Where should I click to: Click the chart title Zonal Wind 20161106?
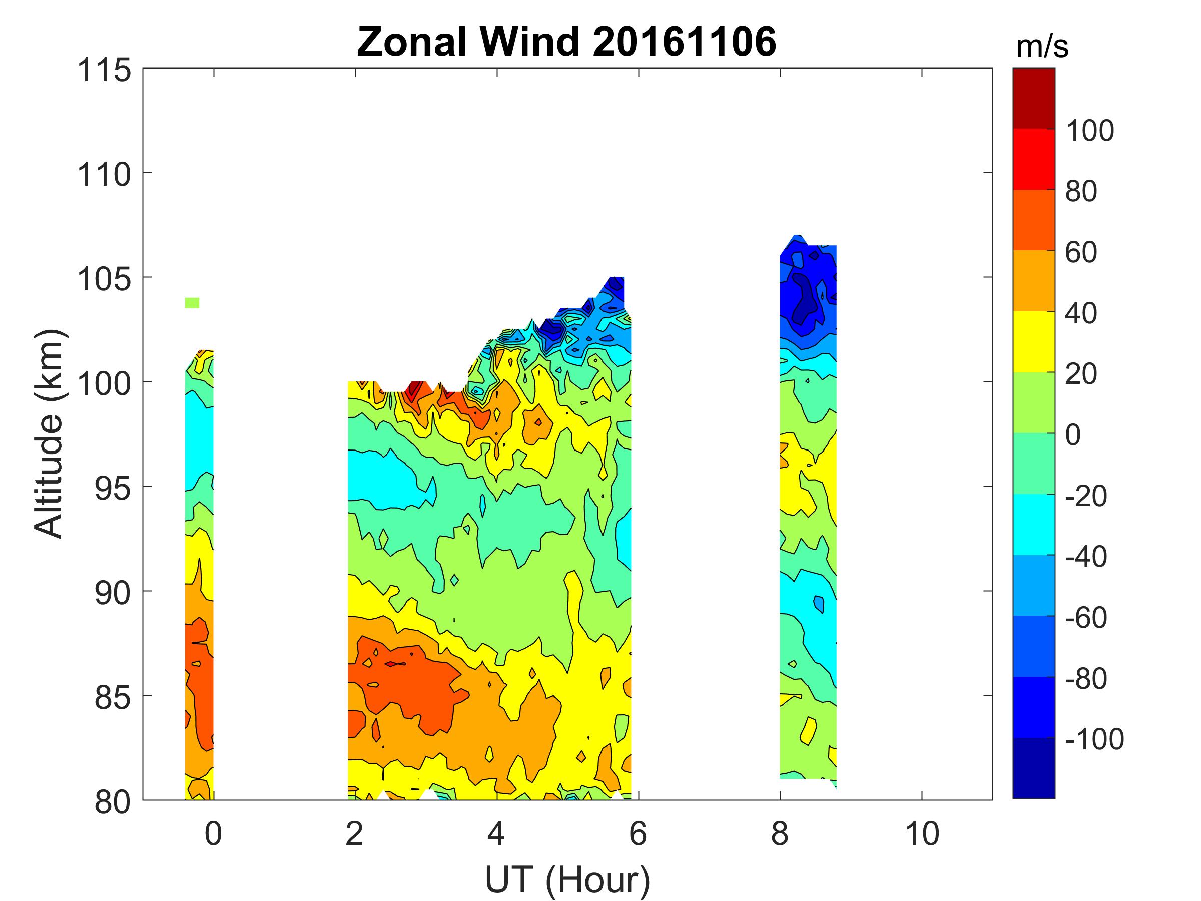pyautogui.click(x=566, y=42)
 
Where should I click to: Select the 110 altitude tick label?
pyautogui.click(x=104, y=175)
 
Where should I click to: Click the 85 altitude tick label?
pyautogui.click(x=113, y=698)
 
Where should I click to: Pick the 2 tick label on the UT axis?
pyautogui.click(x=354, y=833)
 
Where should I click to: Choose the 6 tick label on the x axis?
pyautogui.click(x=638, y=833)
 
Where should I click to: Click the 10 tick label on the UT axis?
pyautogui.click(x=922, y=833)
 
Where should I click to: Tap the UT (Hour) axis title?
pyautogui.click(x=567, y=880)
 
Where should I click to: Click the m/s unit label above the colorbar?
pyautogui.click(x=1042, y=47)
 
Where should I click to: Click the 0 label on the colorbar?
pyautogui.click(x=1073, y=435)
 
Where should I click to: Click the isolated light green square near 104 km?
pyautogui.click(x=192, y=302)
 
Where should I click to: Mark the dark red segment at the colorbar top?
pyautogui.click(x=1034, y=98)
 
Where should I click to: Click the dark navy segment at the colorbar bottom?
pyautogui.click(x=1034, y=768)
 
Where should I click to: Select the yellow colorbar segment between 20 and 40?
pyautogui.click(x=1034, y=341)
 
